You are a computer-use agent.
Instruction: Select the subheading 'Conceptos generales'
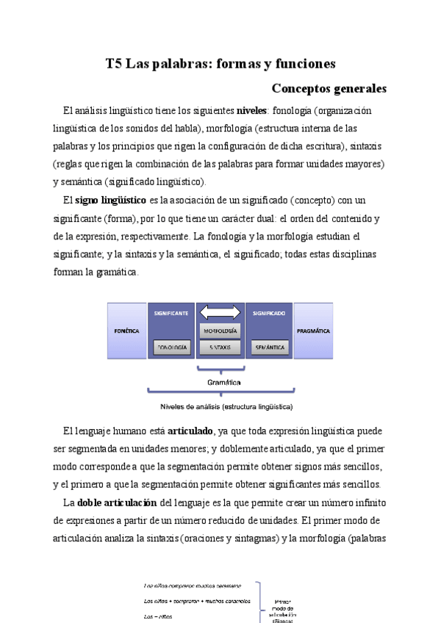(x=329, y=89)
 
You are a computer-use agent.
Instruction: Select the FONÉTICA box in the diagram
(x=126, y=331)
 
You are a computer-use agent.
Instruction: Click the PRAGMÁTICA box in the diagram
(x=313, y=331)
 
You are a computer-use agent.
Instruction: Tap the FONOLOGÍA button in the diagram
(x=171, y=346)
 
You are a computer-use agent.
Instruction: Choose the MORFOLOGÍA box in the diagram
(x=220, y=331)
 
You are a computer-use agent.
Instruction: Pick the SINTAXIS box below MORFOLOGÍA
(x=220, y=346)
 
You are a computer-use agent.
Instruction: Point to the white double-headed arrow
(x=220, y=313)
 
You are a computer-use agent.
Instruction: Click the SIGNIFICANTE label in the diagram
(x=171, y=313)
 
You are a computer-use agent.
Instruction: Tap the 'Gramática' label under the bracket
(x=220, y=382)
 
